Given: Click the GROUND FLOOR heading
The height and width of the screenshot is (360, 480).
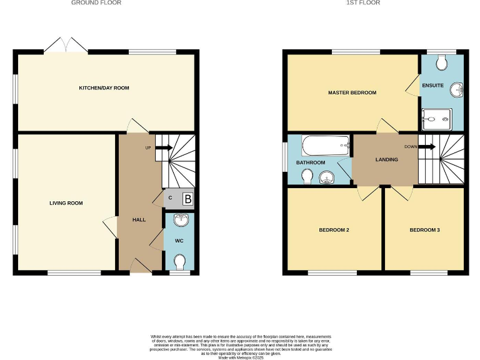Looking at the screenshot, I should point(96,3).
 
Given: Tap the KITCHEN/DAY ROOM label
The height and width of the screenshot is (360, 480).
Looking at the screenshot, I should point(104,88).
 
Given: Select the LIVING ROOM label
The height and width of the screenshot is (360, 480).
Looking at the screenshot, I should point(66,203).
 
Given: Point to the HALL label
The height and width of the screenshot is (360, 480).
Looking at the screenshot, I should point(139,220).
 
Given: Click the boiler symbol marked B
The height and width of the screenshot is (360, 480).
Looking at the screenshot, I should point(187,200).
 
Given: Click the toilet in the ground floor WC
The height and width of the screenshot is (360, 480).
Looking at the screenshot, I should point(181,261).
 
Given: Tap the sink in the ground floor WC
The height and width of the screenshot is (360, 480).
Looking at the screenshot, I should point(181,219).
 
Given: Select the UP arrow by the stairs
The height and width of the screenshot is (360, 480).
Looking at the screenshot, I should point(163,147).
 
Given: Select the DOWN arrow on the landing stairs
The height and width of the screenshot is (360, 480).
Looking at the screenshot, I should point(427,147).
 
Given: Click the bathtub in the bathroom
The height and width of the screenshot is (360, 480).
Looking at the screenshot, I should point(326,147).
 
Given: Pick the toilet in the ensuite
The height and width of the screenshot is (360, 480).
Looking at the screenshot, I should point(442,62).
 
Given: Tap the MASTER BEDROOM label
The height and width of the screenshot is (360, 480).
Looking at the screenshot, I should point(352,92).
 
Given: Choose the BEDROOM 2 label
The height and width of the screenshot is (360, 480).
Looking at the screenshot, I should point(334,230).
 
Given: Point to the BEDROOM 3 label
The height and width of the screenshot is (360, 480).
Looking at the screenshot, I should point(424,230).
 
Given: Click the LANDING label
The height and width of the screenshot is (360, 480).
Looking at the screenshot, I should point(386,160).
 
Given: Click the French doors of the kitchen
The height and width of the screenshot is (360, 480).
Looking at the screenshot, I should point(64,45).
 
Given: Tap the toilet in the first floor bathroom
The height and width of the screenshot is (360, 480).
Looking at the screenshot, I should point(307,179).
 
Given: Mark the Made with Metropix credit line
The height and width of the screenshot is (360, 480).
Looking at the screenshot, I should point(240,356).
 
